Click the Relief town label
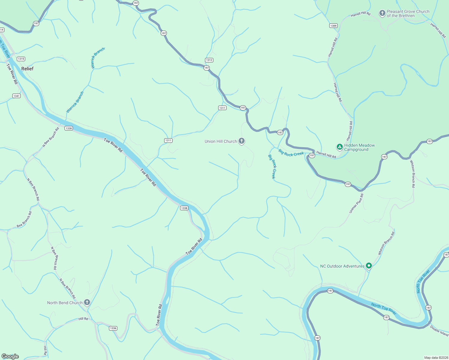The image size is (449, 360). point(27,69)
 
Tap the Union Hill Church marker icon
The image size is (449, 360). point(242,141)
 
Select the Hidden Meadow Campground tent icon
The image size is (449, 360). point(339,147)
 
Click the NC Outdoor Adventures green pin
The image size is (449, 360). point(369,266)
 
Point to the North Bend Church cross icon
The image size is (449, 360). point(87,302)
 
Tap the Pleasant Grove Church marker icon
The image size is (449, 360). point(382,13)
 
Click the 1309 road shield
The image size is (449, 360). point(333,26)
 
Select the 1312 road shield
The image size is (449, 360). point(209,60)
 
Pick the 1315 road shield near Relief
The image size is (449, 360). point(21,59)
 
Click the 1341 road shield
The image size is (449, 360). point(17,96)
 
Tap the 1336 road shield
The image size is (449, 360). point(113,328)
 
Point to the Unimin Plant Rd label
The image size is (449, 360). point(356,203)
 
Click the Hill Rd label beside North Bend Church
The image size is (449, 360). point(83,319)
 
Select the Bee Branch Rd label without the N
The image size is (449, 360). point(24,219)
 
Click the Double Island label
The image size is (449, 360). point(439,331)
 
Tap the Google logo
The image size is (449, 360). point(10,356)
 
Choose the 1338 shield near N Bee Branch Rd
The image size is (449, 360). point(69,128)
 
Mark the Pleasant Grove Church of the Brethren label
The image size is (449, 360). point(408,13)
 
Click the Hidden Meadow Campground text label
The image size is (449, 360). point(359,147)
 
